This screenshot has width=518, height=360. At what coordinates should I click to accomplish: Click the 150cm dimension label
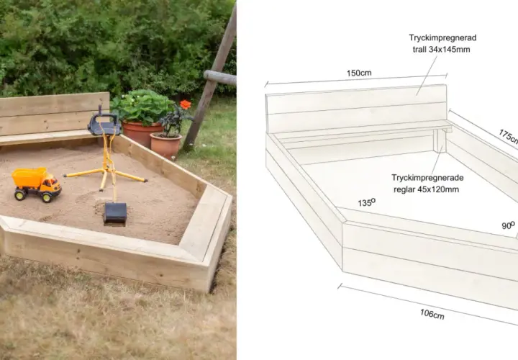359,73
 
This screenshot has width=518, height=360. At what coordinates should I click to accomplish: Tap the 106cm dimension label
432,314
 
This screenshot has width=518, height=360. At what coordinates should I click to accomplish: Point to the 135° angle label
366,202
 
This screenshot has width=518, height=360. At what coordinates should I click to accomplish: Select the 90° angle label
508,225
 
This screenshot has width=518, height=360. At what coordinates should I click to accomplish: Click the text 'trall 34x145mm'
441,50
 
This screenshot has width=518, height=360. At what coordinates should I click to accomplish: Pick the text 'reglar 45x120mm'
426,190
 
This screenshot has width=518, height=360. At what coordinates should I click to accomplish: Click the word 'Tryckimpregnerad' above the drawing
442,37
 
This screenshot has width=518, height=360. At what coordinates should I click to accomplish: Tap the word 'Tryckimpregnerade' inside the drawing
427,178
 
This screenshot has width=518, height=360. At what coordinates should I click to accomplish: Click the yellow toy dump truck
37,184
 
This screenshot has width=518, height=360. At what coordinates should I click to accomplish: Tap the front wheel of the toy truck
46,197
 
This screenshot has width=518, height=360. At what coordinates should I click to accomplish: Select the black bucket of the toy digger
115,214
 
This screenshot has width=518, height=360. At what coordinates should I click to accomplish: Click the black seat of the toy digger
104,125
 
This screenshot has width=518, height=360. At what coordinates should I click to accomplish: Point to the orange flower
186,104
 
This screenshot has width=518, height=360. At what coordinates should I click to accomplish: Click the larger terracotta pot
142,133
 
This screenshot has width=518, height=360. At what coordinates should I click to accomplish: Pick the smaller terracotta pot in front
165,145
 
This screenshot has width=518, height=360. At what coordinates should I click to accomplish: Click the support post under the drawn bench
440,140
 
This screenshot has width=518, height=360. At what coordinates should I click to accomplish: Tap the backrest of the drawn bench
356,109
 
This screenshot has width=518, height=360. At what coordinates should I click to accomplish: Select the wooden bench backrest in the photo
55,113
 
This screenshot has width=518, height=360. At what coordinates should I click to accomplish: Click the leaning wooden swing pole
210,78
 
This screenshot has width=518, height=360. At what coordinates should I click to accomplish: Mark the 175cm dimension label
509,136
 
